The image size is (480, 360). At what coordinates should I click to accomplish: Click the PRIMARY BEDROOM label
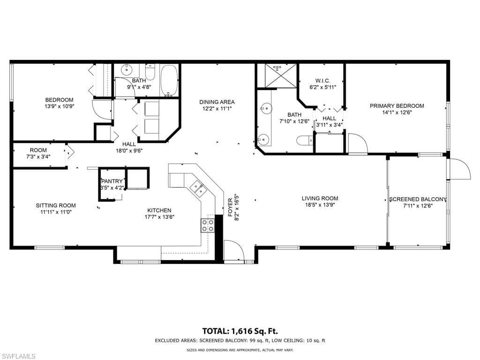[397, 106]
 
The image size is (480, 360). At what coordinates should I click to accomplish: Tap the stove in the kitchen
[208, 226]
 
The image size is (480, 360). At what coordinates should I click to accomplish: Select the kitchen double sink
[198, 188]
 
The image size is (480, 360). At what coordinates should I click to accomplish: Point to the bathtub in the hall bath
[169, 80]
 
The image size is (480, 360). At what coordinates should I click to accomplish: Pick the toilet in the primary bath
[304, 141]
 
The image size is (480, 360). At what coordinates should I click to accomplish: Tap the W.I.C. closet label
[322, 81]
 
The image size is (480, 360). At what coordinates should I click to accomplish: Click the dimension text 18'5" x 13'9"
[320, 205]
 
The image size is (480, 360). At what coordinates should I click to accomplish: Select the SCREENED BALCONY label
[418, 199]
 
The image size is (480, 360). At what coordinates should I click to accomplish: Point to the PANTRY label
[112, 181]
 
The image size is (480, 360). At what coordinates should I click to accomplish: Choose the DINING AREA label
[217, 102]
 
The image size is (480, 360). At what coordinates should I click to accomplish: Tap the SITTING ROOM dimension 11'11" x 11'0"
[56, 212]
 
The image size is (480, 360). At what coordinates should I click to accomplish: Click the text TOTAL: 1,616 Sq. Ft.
[240, 331]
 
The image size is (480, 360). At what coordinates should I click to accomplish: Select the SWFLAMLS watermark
[18, 356]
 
